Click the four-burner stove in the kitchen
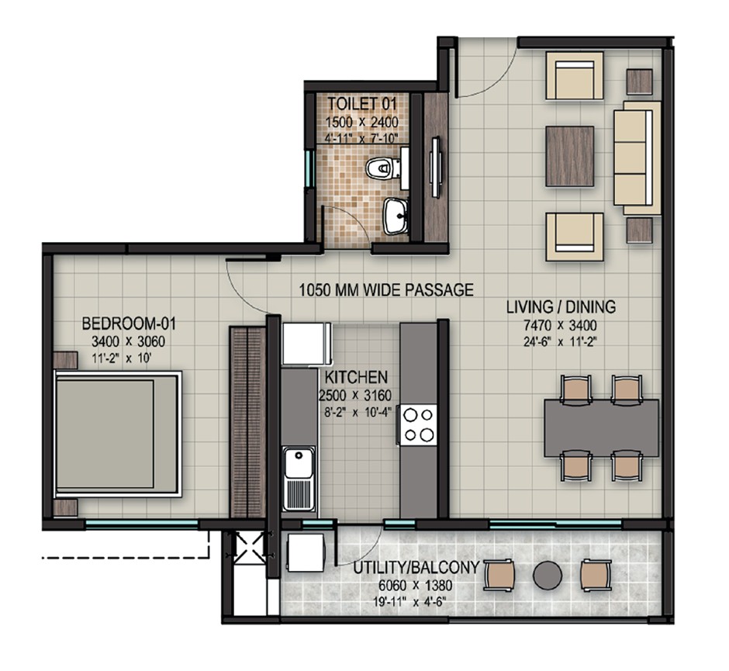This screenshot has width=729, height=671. coord(418,424)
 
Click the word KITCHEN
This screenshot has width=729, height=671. coord(356,378)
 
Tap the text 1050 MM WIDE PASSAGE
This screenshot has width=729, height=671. coord(385,290)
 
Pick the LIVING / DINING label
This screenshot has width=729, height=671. coord(561,307)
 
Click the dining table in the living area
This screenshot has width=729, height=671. coord(601,427)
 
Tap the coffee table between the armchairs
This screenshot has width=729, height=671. coord(569,156)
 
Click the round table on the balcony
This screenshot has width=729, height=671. coord(548,575)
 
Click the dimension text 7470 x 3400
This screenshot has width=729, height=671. coord(561,326)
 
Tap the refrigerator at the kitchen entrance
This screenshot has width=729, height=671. coord(307,343)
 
